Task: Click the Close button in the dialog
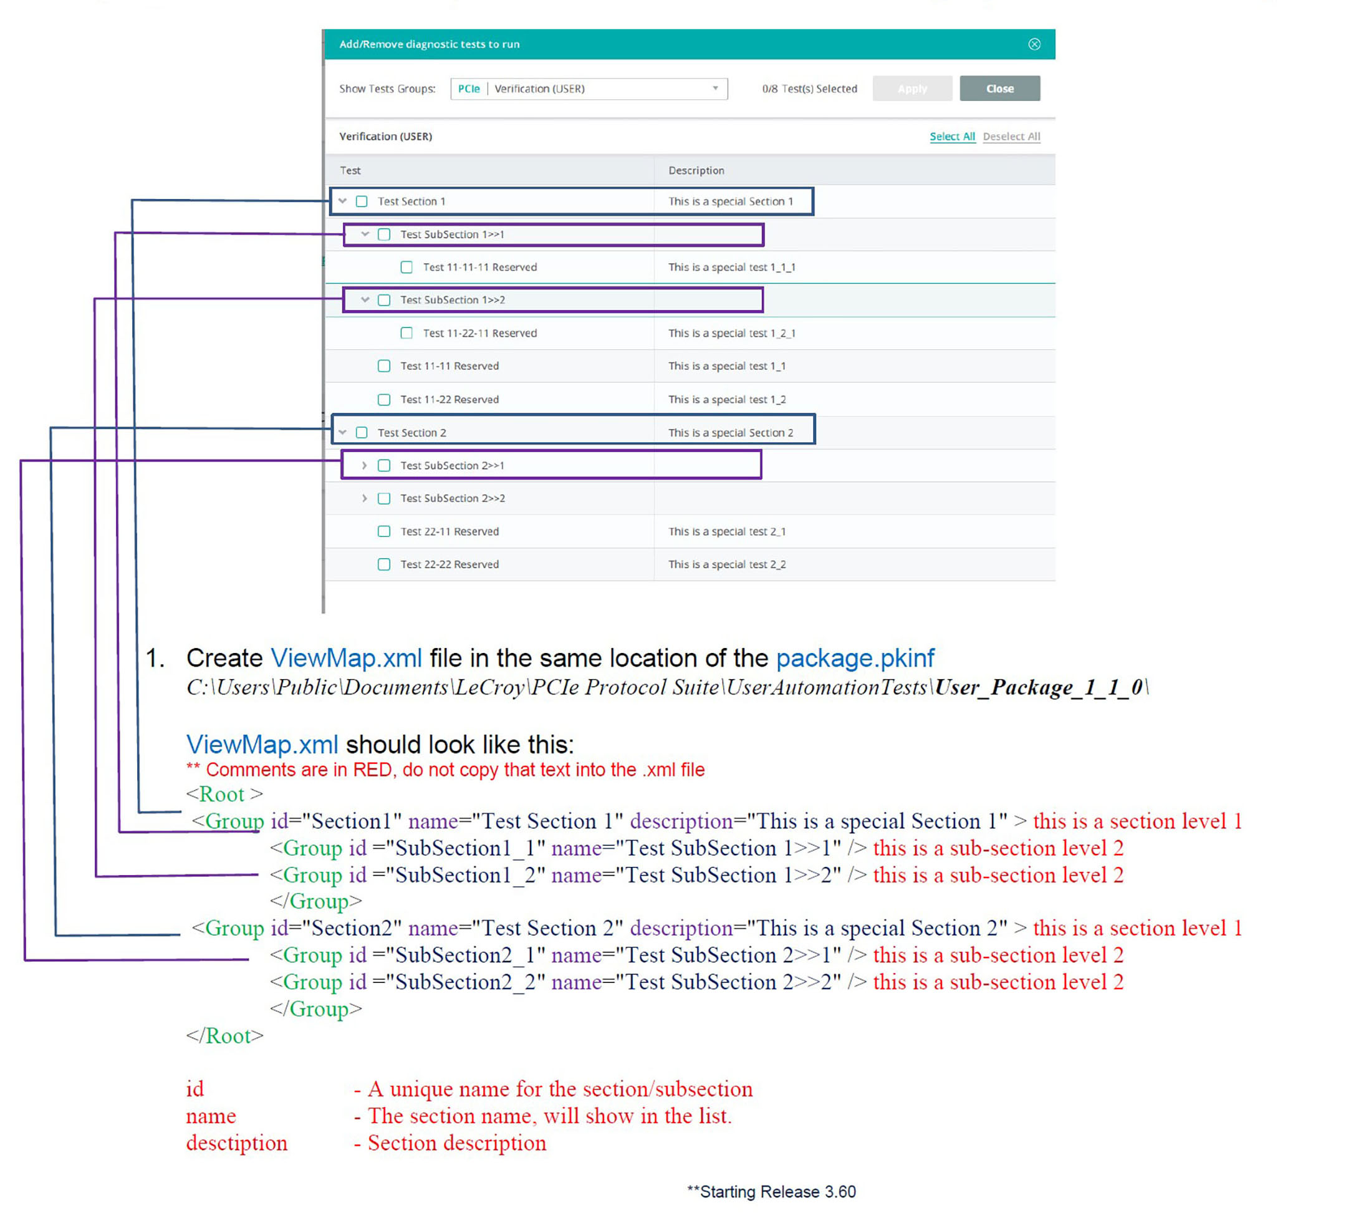[999, 89]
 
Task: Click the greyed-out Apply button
[912, 89]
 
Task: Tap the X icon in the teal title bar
[1034, 44]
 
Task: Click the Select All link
[952, 137]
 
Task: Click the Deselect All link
[1011, 137]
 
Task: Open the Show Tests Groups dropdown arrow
[715, 89]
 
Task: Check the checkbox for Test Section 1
[362, 201]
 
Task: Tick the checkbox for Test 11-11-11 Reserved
[406, 267]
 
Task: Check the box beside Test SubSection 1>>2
[384, 300]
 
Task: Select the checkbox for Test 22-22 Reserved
[384, 564]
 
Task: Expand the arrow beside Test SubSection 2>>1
[364, 465]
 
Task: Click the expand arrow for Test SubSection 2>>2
[364, 498]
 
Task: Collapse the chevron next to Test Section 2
[342, 432]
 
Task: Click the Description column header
[696, 171]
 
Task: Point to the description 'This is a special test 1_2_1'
[732, 333]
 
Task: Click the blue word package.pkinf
[855, 658]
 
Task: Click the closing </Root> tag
[225, 1035]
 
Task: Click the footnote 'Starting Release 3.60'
[771, 1192]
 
